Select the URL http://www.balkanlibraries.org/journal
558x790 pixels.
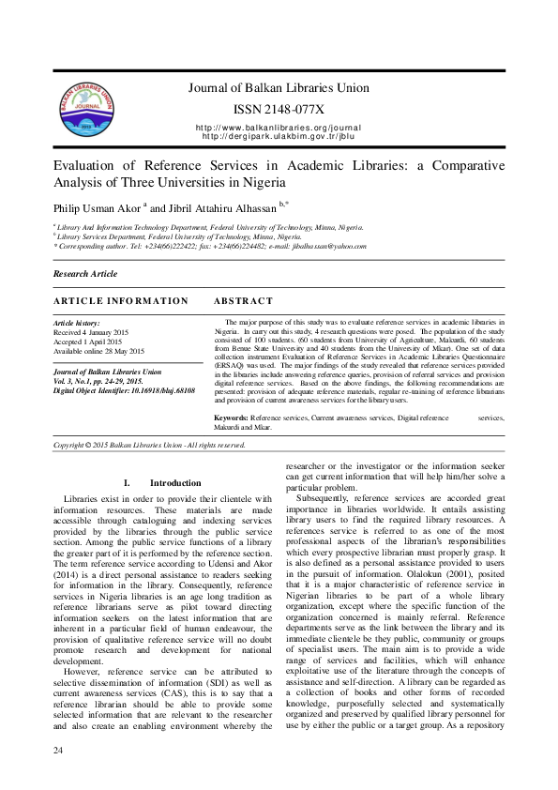(278, 127)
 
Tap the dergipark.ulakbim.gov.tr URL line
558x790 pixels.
(278, 136)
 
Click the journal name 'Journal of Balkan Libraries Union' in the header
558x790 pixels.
(278, 88)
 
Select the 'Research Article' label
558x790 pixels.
(85, 274)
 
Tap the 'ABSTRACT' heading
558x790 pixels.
(243, 300)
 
